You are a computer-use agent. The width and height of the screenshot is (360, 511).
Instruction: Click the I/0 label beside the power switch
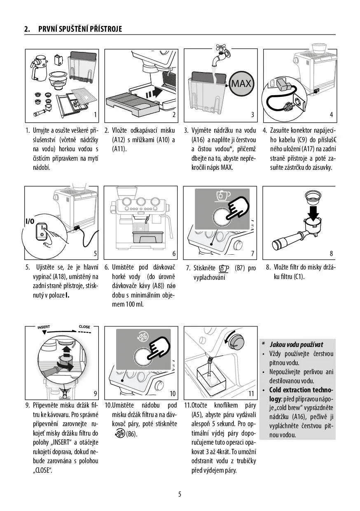click(x=30, y=221)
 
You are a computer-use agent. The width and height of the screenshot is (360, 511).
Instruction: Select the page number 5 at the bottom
click(x=180, y=494)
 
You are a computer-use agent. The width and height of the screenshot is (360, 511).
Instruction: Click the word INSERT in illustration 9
click(x=44, y=327)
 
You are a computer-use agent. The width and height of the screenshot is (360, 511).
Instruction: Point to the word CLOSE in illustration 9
click(x=84, y=327)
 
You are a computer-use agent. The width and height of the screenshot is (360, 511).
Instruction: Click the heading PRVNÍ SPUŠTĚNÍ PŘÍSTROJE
click(x=80, y=29)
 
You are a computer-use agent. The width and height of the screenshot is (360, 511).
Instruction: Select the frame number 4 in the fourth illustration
click(x=331, y=115)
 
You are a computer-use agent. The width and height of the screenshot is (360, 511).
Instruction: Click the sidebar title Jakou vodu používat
click(x=296, y=345)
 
